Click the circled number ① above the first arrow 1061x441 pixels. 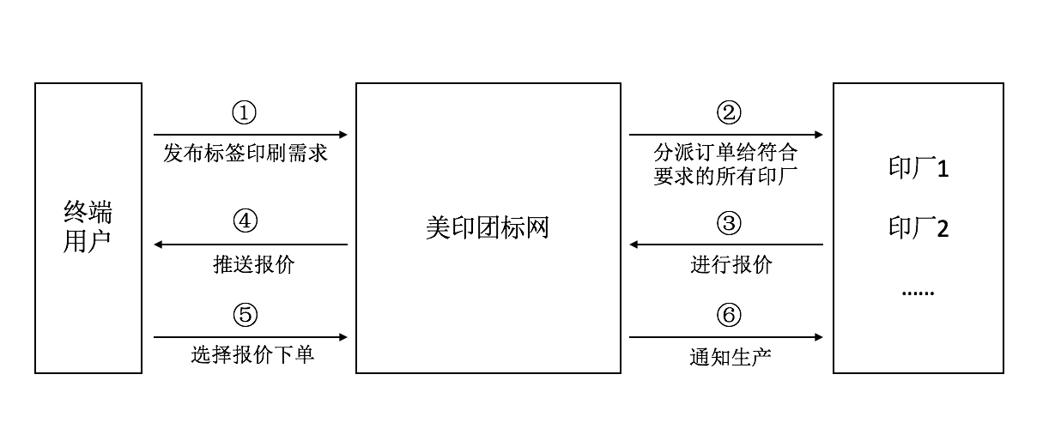245,112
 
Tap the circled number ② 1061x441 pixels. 729,112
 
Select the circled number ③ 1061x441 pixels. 729,224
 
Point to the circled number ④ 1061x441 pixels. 245,221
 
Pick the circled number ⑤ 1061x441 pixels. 245,316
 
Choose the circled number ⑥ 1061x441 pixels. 729,316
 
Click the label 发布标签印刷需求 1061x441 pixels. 246,155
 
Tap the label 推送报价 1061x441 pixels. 253,265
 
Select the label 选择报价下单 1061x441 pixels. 252,354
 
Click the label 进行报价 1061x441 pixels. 731,265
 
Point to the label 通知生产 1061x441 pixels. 731,356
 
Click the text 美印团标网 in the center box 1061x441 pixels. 488,228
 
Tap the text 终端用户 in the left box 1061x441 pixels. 88,227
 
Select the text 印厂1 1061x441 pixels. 919,169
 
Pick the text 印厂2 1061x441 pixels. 919,229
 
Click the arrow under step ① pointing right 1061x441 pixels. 251,135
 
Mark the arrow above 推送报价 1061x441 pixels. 251,245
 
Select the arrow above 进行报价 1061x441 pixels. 726,245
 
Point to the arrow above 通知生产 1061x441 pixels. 726,337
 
